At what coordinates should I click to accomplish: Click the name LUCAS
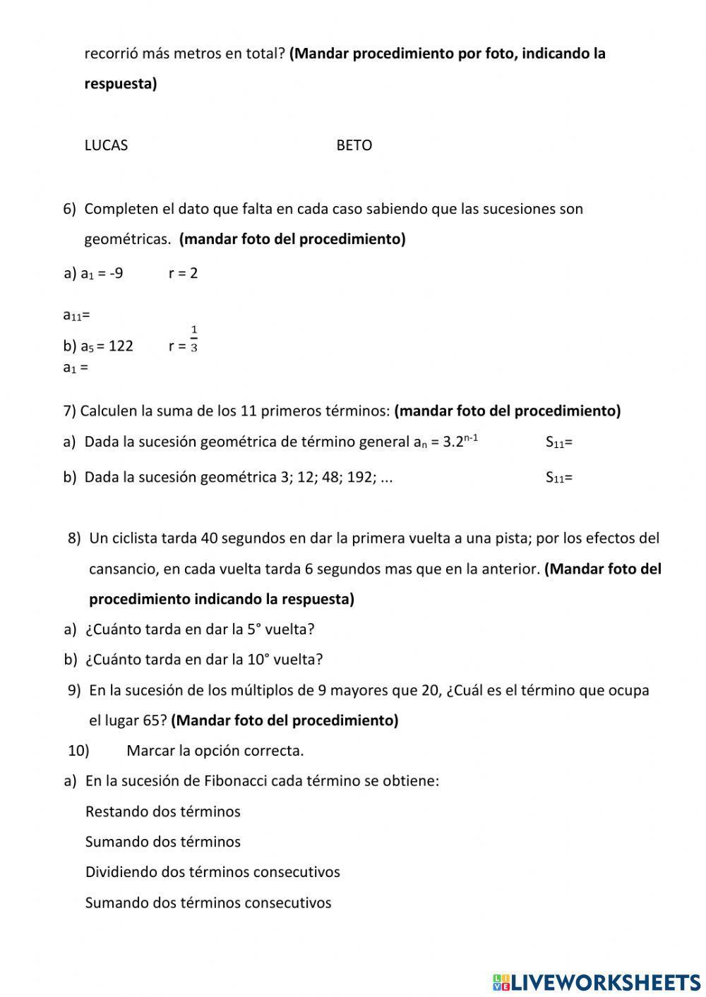[x=106, y=145]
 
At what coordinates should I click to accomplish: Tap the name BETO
[x=354, y=145]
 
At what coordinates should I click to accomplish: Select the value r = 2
[x=183, y=274]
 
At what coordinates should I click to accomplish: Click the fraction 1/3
[x=194, y=339]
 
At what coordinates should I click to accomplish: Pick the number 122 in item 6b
[x=121, y=346]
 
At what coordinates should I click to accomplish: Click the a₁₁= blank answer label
[x=76, y=315]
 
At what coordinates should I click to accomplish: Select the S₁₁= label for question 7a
[x=558, y=443]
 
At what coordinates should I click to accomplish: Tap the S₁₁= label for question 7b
[x=558, y=478]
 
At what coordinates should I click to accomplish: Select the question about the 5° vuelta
[x=199, y=629]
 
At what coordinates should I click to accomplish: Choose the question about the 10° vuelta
[x=203, y=660]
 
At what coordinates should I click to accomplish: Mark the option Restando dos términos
[x=162, y=811]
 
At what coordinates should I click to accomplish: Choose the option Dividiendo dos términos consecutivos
[x=212, y=872]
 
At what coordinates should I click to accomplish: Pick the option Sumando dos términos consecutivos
[x=208, y=902]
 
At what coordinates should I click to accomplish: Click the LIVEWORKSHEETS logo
[x=597, y=981]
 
